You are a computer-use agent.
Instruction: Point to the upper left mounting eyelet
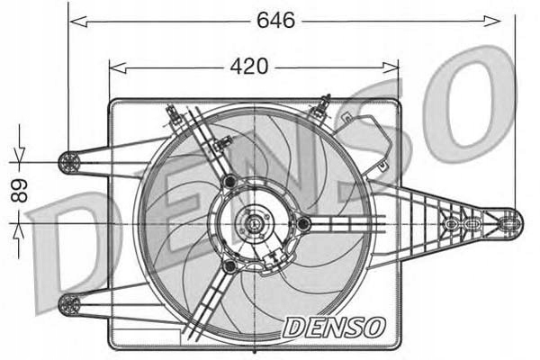tap(68, 162)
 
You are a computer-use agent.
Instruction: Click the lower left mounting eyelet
tap(68, 304)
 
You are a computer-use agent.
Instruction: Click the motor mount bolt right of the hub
tap(304, 222)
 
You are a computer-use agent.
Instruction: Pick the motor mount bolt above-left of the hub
tap(229, 182)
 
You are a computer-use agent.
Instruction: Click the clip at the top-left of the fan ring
tap(171, 112)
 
